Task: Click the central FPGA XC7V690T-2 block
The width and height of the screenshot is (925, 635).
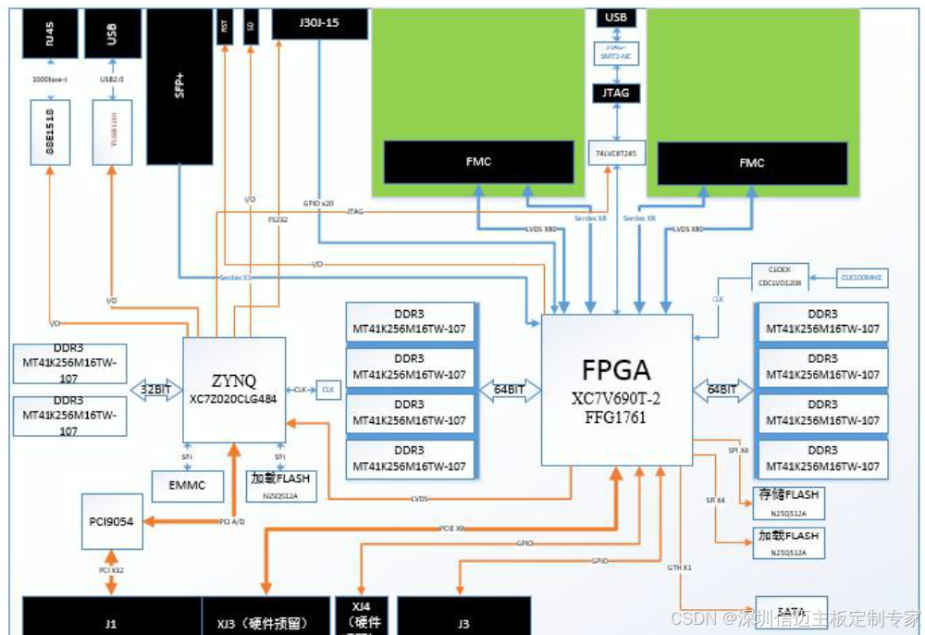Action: [x=617, y=389]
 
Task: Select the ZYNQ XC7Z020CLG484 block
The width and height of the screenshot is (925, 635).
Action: [x=233, y=389]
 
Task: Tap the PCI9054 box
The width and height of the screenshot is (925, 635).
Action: [x=112, y=521]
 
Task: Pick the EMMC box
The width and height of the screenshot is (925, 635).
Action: [x=187, y=484]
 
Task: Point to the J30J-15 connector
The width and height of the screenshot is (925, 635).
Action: [x=320, y=24]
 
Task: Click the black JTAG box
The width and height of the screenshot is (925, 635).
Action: [x=616, y=93]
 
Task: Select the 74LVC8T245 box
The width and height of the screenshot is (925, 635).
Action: [x=616, y=152]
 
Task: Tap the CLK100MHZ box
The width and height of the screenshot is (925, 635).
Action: [x=860, y=276]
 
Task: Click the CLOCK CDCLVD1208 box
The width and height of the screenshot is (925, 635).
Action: [x=780, y=276]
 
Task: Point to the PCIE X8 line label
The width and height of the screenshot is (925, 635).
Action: [x=452, y=528]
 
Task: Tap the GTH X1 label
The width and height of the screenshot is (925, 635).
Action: [x=680, y=567]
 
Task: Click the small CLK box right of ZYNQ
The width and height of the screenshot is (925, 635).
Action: [x=328, y=390]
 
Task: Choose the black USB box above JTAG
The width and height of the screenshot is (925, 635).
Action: [x=616, y=18]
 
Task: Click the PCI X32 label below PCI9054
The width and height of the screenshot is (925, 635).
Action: [x=112, y=570]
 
